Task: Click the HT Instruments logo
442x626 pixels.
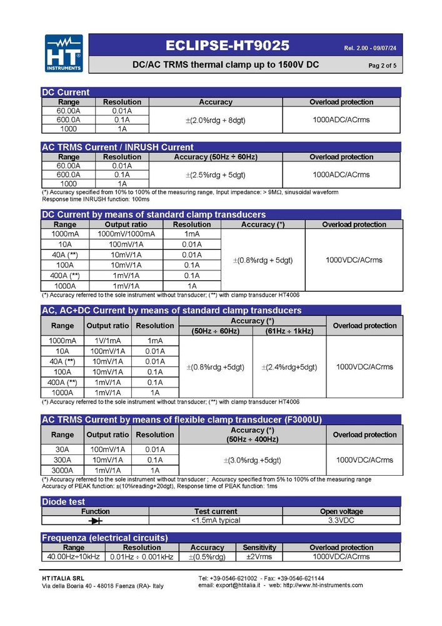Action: click(64, 53)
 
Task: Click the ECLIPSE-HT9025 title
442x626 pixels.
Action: click(228, 46)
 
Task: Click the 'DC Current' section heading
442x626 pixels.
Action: click(66, 92)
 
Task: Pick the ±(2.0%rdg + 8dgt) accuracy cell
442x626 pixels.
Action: click(216, 120)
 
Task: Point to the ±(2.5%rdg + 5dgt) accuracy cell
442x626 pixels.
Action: click(216, 175)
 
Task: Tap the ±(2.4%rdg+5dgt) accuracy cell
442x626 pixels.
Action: click(289, 367)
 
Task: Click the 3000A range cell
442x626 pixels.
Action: click(62, 470)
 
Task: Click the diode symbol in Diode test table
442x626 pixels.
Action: click(95, 520)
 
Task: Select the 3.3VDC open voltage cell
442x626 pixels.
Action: click(341, 520)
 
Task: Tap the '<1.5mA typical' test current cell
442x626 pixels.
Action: click(216, 520)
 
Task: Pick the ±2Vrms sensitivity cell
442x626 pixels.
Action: click(259, 557)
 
